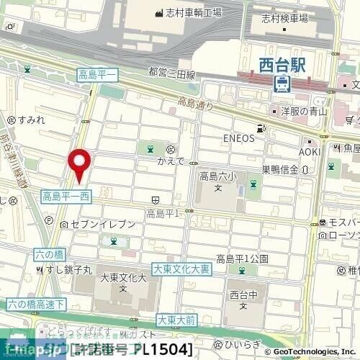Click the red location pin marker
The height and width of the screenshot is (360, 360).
(x=78, y=163)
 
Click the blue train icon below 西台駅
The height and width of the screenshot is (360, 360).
(x=282, y=83)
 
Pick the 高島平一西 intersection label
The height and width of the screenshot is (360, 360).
(x=66, y=195)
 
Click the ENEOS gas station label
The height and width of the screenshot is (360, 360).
(x=237, y=137)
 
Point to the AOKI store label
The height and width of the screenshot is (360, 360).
(x=310, y=152)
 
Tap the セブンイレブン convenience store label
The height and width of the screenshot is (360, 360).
(x=103, y=225)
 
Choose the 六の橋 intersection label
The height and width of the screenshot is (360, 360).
(x=49, y=254)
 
